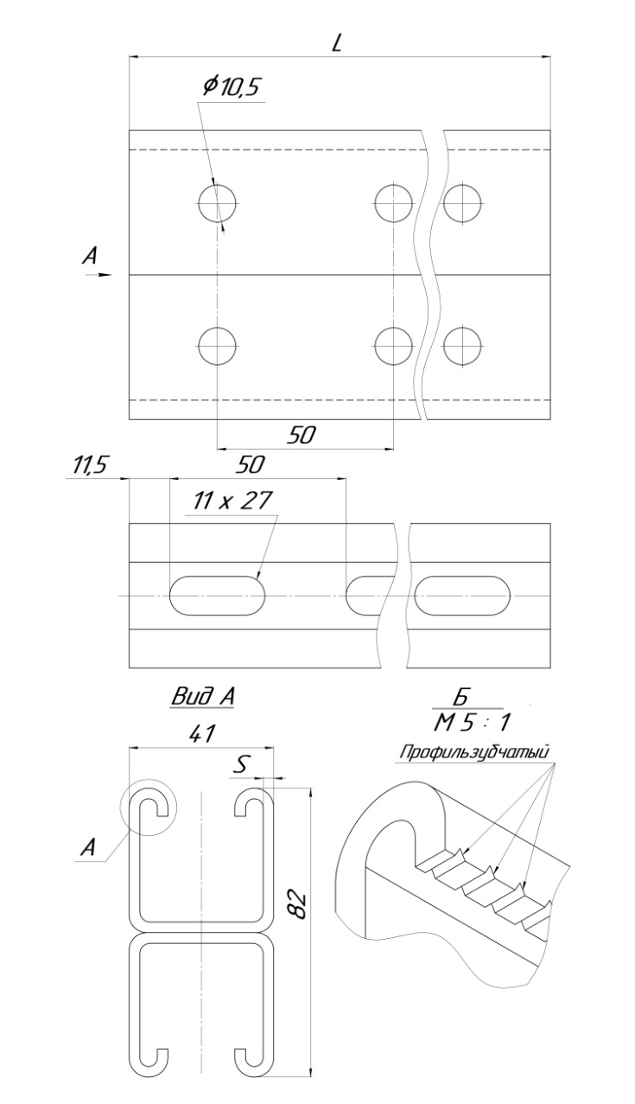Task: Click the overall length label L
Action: (337, 44)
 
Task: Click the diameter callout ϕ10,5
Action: (231, 87)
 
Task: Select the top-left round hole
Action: (217, 203)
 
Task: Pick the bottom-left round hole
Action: (217, 346)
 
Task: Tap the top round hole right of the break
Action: (462, 203)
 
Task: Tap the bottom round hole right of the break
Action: (462, 346)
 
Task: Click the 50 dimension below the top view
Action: (302, 435)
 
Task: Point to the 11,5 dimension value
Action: (89, 465)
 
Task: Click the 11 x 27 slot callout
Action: (232, 501)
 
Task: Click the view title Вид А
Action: (202, 697)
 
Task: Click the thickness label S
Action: (241, 764)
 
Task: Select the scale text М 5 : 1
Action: (472, 723)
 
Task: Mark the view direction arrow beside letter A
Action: (98, 275)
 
